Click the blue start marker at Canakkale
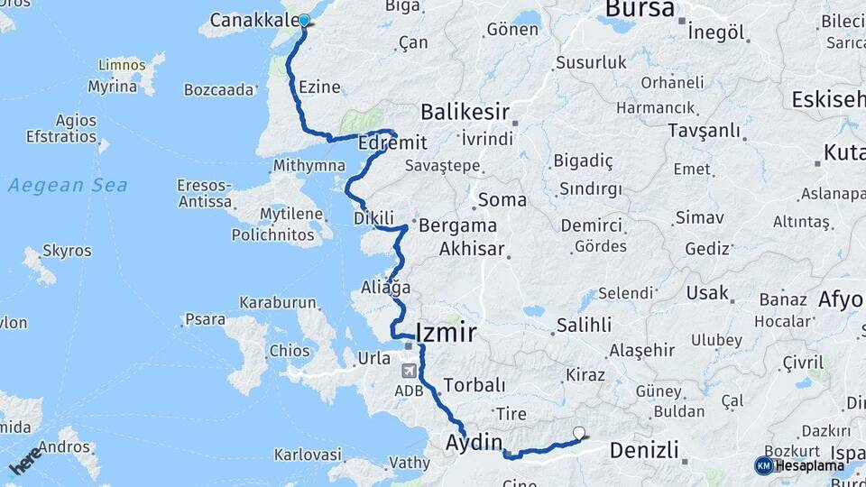303,21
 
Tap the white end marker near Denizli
579,433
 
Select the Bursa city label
640,9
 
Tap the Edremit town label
391,143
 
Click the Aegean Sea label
68,186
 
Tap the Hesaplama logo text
809,465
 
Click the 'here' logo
25,460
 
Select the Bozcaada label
219,90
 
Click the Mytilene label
290,215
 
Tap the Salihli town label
584,325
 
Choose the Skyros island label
66,251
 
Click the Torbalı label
474,385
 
